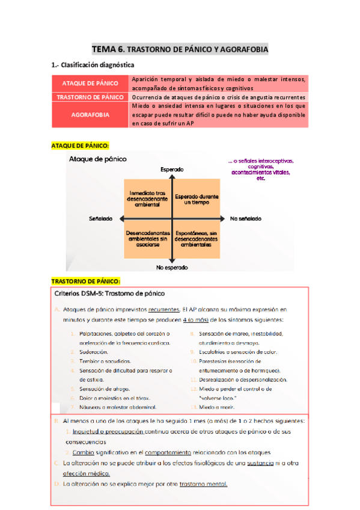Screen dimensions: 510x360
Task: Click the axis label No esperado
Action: click(172, 266)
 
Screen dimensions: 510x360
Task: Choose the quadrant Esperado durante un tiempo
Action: click(197, 197)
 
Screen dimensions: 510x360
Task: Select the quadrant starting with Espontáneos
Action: click(197, 238)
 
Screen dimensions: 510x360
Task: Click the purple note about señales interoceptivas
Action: click(261, 170)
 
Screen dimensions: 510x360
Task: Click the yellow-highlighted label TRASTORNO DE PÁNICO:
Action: click(85, 281)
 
